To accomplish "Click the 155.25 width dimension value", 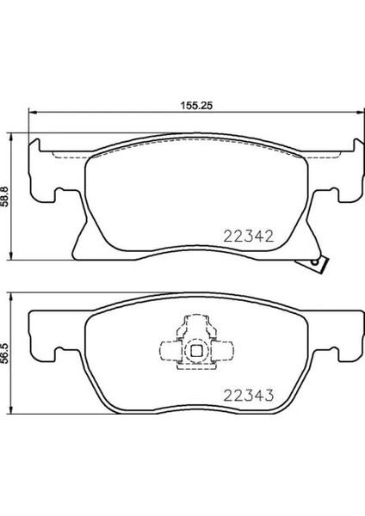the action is (196, 105).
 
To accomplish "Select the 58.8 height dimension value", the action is (6, 197).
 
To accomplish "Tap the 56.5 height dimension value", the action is (6, 353).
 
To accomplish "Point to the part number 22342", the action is (249, 236).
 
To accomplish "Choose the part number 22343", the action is (249, 396).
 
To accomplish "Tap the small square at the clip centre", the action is (196, 351).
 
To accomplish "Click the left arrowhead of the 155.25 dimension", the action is (32, 112).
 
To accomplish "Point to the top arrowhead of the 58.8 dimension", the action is (12, 137).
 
